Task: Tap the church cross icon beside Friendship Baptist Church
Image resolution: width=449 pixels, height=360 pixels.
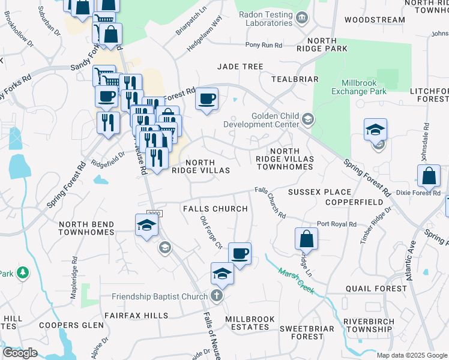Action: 217,296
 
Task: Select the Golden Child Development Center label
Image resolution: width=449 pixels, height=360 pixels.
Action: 261,119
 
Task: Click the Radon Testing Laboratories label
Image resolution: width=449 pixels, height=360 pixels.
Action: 264,18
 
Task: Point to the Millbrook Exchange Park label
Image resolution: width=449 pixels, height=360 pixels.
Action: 363,87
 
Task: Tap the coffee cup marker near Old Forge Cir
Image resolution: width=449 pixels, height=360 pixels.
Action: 240,254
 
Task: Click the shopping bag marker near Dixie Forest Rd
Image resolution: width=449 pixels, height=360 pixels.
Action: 429,176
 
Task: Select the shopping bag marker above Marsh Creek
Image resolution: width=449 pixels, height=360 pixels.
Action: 306,238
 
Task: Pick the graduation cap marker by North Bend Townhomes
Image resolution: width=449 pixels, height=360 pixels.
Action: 146,226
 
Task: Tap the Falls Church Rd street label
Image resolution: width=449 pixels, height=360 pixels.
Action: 270,203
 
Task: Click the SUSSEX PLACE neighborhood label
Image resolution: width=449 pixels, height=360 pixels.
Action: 319,192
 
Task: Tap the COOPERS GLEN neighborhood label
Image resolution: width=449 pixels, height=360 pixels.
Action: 67,325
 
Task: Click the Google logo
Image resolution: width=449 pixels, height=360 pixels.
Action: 20,353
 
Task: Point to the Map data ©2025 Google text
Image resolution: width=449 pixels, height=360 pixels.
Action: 411,355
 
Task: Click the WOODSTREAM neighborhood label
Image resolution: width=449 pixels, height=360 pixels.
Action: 375,20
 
